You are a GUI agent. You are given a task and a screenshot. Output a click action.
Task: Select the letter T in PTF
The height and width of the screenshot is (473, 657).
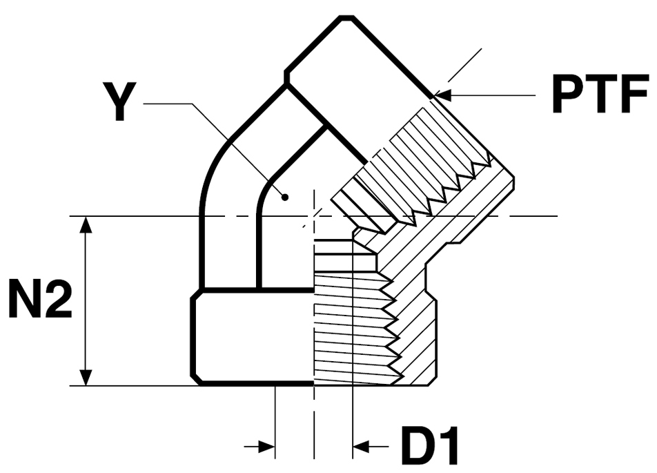coord(600,95)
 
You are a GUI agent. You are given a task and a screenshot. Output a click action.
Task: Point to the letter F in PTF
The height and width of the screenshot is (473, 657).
coord(633,95)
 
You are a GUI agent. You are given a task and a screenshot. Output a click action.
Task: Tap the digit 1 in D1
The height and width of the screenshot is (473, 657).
coord(447,446)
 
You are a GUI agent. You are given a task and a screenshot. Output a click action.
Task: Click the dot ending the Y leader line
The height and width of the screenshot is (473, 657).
coord(285,197)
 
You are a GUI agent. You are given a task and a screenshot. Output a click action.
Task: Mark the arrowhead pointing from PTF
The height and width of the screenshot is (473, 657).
coord(442,95)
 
